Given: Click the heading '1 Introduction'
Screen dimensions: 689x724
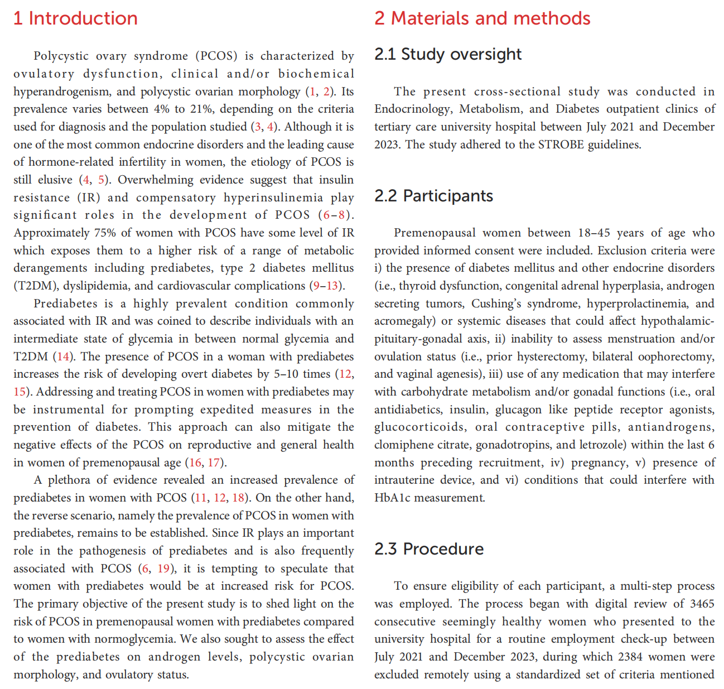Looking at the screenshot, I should (75, 18).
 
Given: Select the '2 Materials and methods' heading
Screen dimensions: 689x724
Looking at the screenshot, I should (482, 18).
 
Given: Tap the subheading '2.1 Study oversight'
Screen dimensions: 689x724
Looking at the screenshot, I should (447, 54).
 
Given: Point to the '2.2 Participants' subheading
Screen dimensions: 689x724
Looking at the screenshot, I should (433, 196).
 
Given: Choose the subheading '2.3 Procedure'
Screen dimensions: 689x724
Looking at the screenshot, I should (428, 549).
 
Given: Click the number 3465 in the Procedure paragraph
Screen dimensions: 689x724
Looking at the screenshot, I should (702, 604).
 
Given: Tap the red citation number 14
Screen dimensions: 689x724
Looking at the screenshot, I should (64, 356).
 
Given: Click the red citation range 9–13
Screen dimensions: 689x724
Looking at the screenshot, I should (326, 286).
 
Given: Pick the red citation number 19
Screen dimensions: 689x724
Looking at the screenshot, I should (163, 568).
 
